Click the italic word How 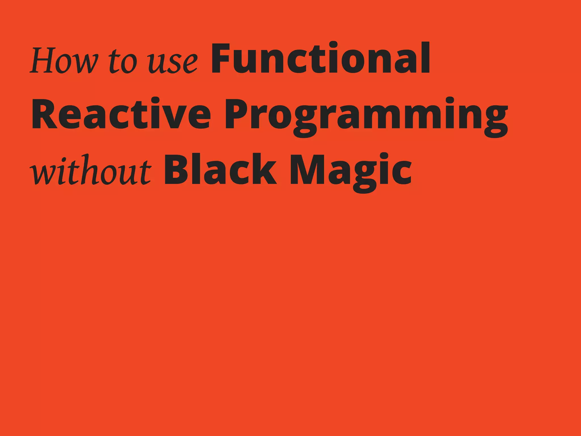(64, 60)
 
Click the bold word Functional (321, 58)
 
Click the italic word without (91, 170)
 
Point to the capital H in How (44, 60)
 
